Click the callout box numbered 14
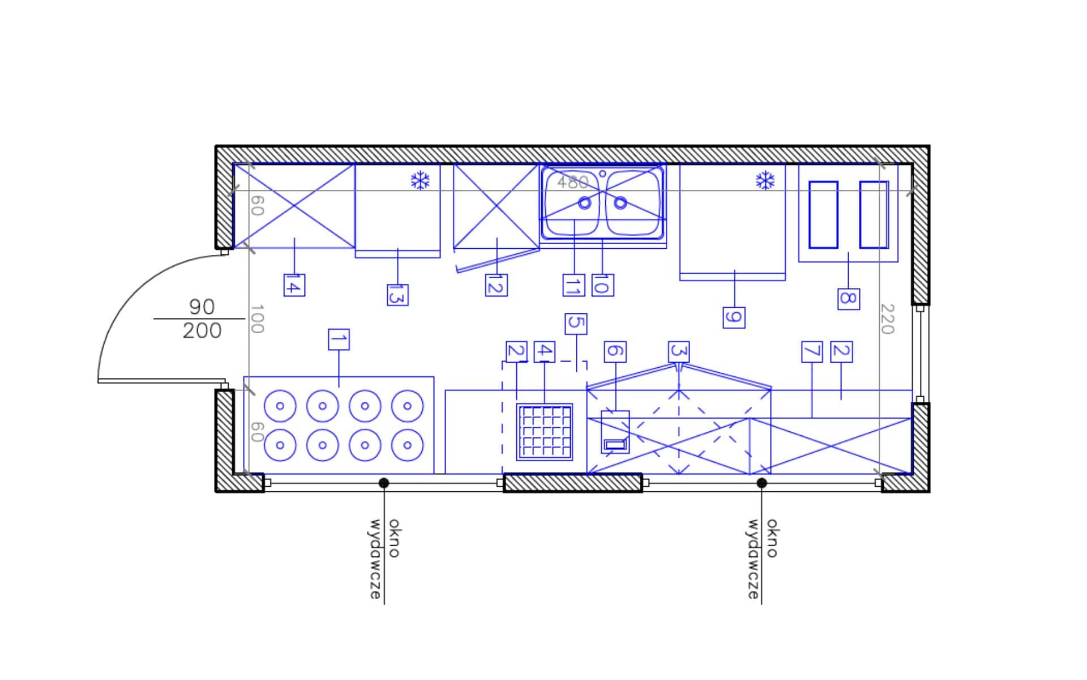click(294, 285)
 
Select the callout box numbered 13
click(397, 295)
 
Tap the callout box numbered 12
click(497, 285)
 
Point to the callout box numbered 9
click(734, 317)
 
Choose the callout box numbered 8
click(849, 299)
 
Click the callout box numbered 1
click(339, 339)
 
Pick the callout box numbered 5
click(576, 324)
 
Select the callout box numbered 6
click(615, 352)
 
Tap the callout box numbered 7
click(812, 352)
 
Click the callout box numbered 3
click(679, 352)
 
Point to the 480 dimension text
click(573, 182)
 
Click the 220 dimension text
click(887, 319)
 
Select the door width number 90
click(202, 307)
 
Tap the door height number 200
click(202, 330)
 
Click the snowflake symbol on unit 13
click(420, 181)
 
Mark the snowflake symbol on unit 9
click(765, 181)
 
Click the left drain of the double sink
click(584, 202)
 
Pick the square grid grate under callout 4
click(545, 432)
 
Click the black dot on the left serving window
click(384, 483)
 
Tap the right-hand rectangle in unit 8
click(874, 215)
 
